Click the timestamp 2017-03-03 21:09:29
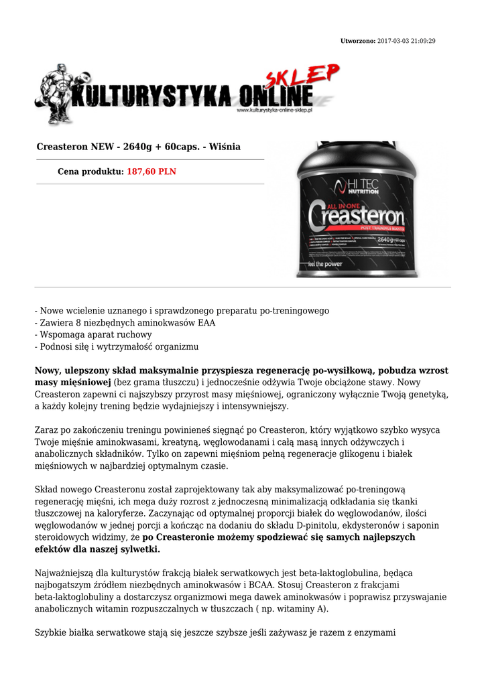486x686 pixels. pos(406,41)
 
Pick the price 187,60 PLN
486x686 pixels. pos(151,171)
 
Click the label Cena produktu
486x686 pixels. pos(90,171)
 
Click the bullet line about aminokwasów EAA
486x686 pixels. pos(125,323)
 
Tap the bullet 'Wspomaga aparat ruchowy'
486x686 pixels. pos(93,335)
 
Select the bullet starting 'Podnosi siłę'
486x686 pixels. pos(117,347)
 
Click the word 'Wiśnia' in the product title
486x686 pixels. pos(223,147)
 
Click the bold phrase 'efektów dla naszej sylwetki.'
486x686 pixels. pos(98,549)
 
